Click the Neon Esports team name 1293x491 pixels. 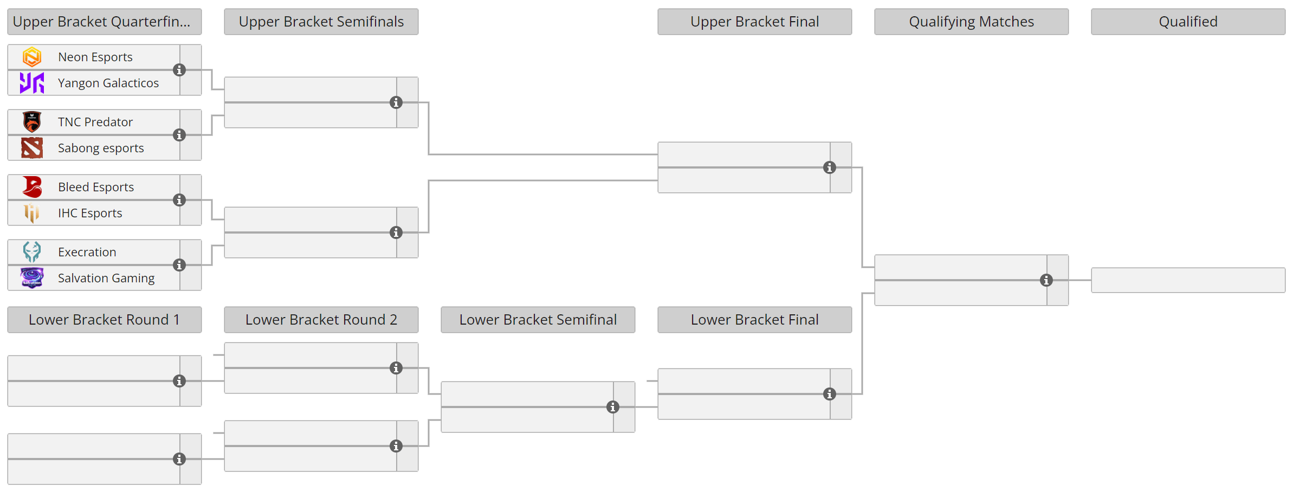95,57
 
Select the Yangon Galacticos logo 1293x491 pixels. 32,83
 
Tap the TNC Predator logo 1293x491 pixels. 32,122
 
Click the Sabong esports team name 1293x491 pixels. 101,148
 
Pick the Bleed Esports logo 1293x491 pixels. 32,187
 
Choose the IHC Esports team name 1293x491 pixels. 90,213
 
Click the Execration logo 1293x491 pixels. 32,252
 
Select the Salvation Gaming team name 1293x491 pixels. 106,278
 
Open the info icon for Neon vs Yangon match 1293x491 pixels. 179,70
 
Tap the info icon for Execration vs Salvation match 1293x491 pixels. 179,265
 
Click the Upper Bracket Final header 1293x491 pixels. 754,22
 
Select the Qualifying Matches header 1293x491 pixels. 971,22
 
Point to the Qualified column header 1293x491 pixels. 1188,22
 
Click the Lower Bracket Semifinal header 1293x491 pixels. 538,320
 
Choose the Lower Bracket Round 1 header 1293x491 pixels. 104,320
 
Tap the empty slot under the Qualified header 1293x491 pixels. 1188,280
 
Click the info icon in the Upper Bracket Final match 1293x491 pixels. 830,167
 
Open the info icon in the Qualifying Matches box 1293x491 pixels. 1046,280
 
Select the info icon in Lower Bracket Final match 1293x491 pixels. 830,394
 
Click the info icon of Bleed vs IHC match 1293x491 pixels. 179,200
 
